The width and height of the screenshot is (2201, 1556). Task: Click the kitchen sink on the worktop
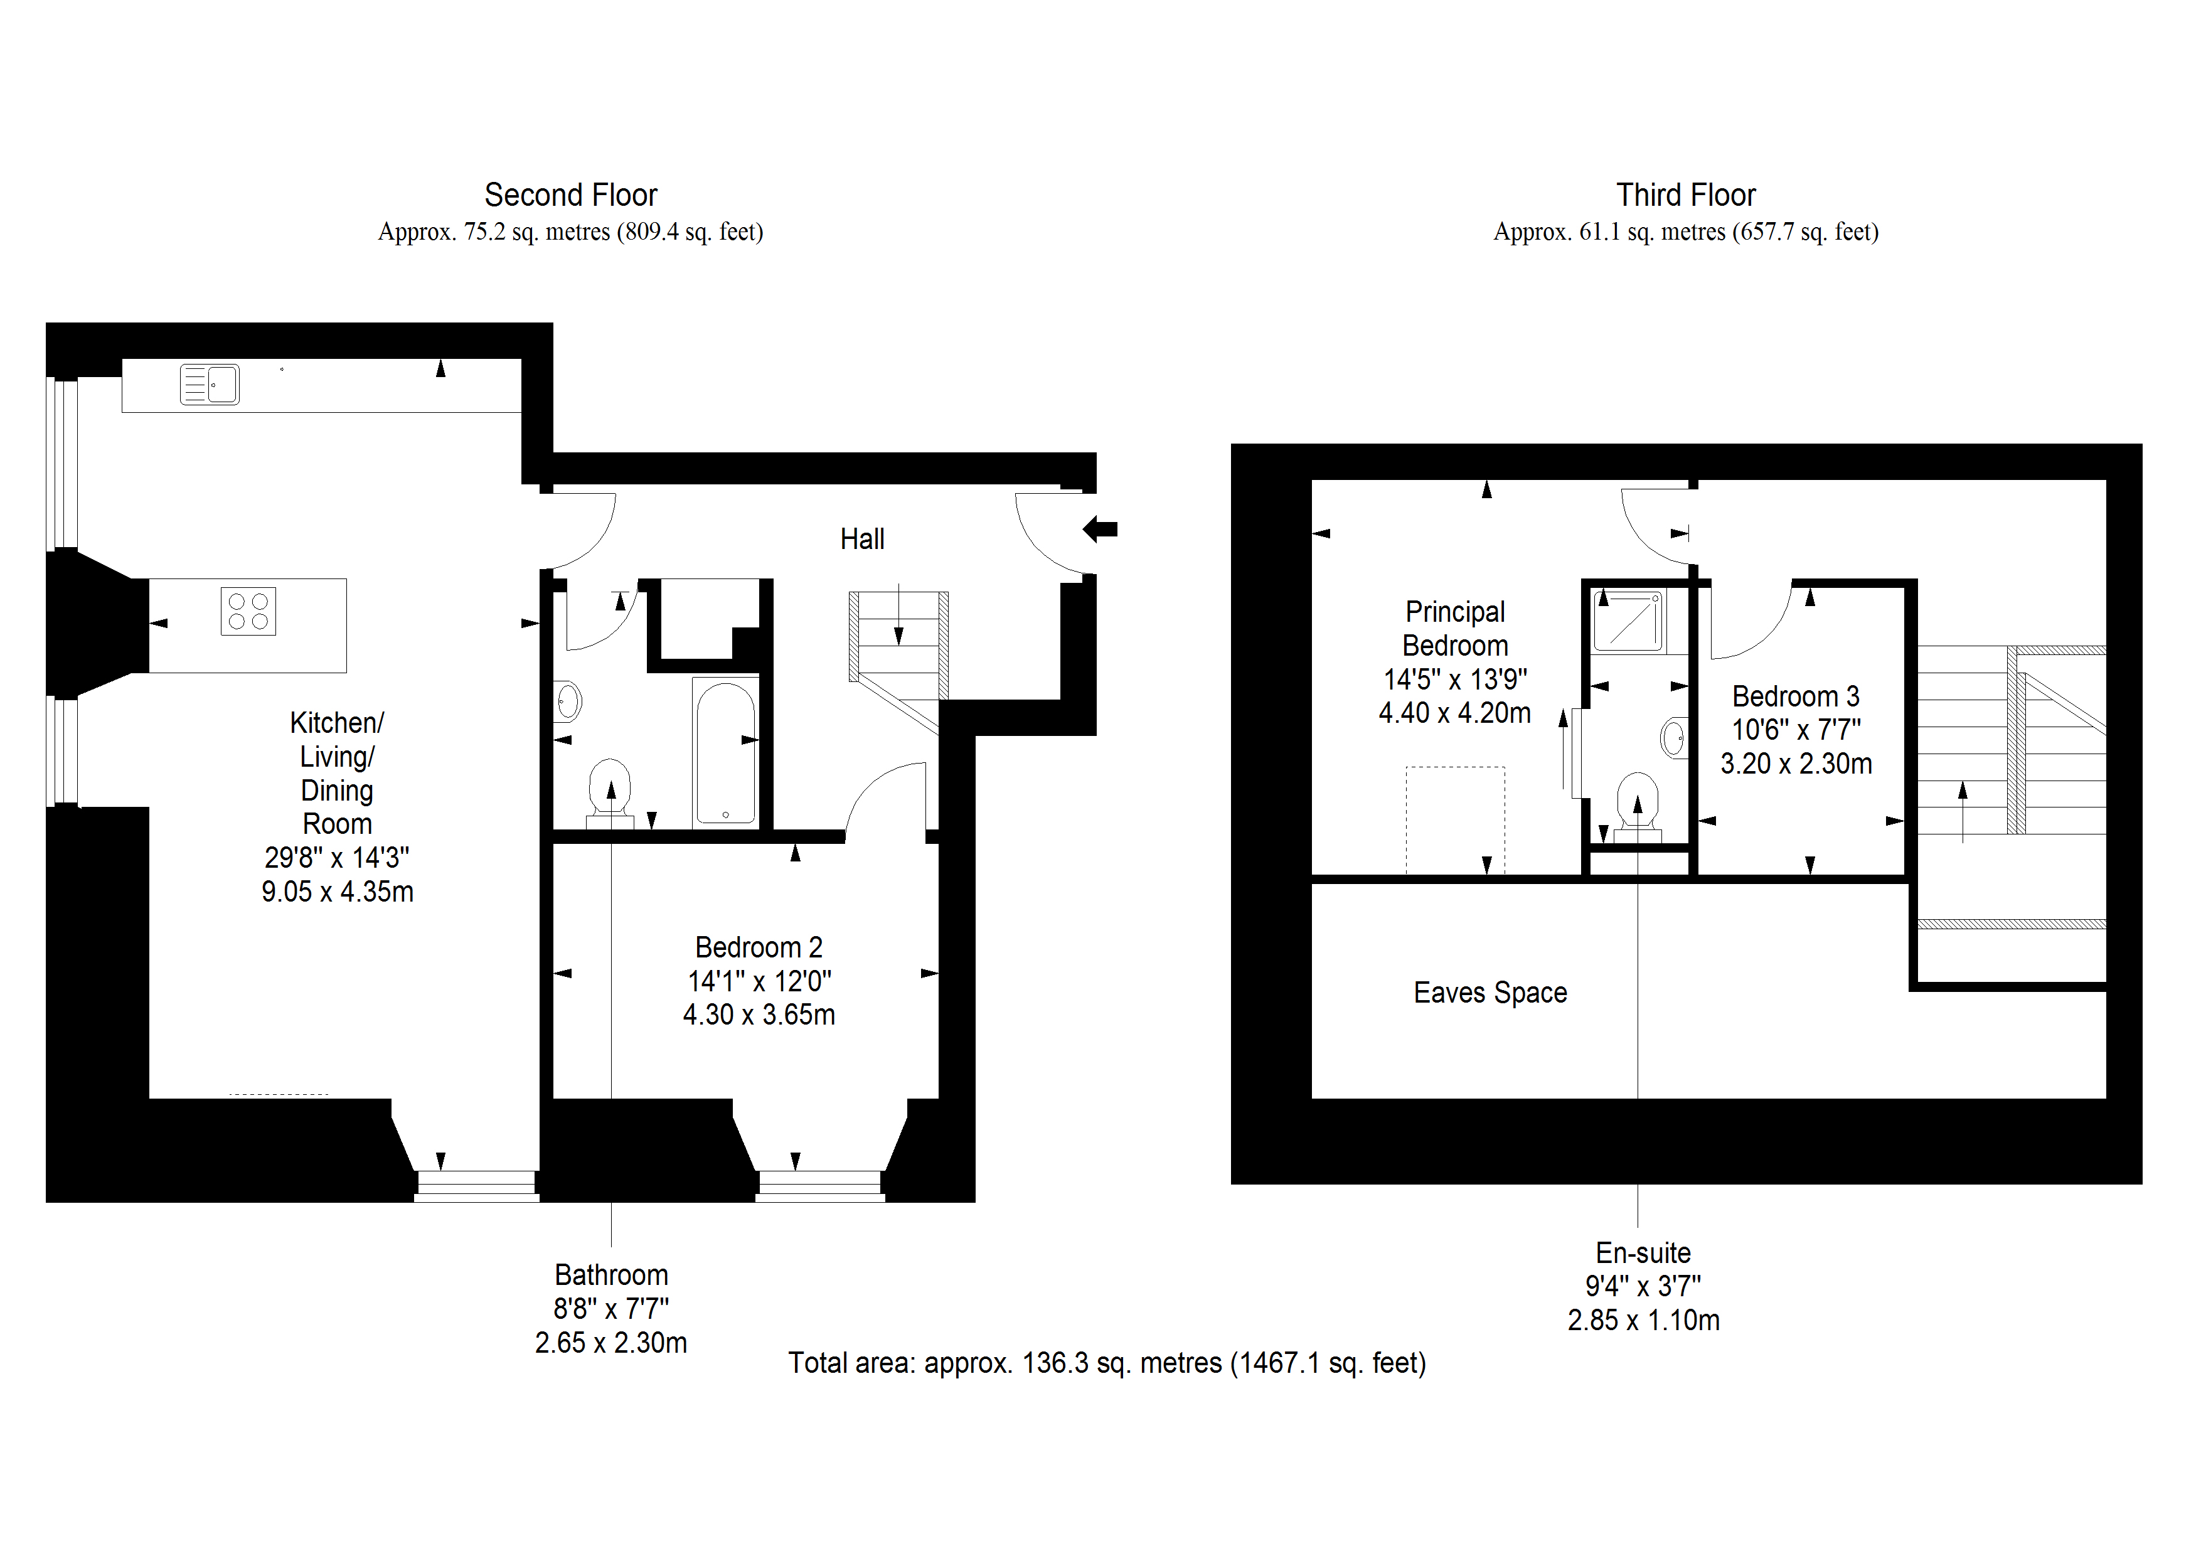(210, 385)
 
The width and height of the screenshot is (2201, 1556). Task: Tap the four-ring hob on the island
(248, 610)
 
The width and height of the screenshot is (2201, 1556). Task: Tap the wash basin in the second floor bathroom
(568, 702)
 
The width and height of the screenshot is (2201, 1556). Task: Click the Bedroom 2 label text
(759, 947)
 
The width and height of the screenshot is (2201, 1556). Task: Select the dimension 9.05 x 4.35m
(338, 892)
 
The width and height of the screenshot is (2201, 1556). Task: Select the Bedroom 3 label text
(1796, 696)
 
